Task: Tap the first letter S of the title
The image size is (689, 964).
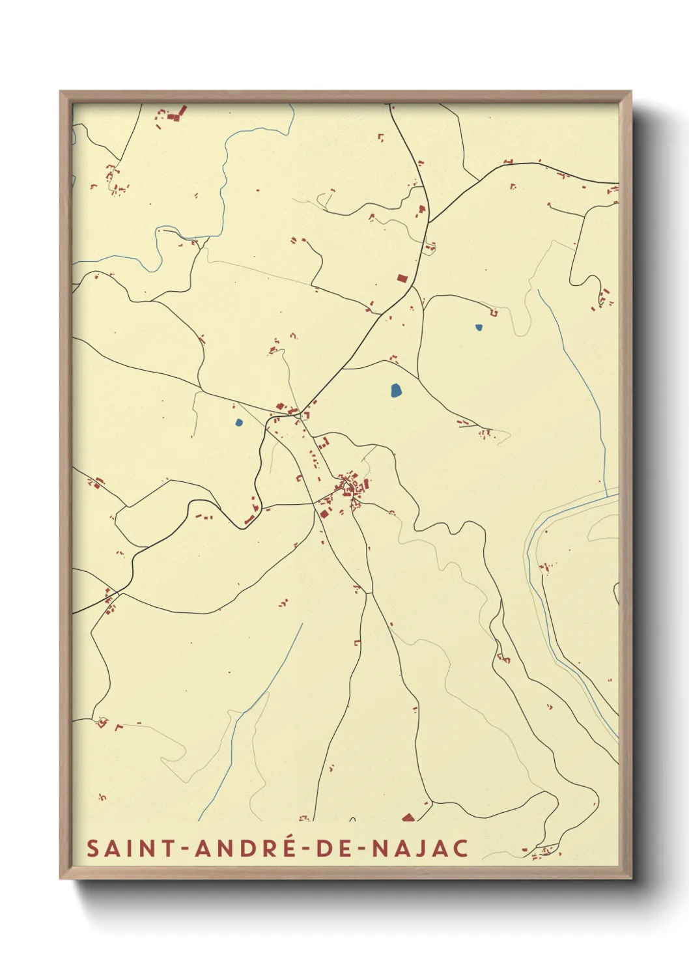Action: [x=92, y=848]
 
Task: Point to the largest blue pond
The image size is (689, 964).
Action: [x=395, y=390]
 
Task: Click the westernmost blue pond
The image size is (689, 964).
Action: [x=238, y=422]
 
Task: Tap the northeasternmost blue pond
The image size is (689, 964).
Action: [x=479, y=328]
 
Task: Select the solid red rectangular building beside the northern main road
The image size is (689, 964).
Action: [x=402, y=279]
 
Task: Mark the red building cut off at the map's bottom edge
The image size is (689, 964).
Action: [x=408, y=817]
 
